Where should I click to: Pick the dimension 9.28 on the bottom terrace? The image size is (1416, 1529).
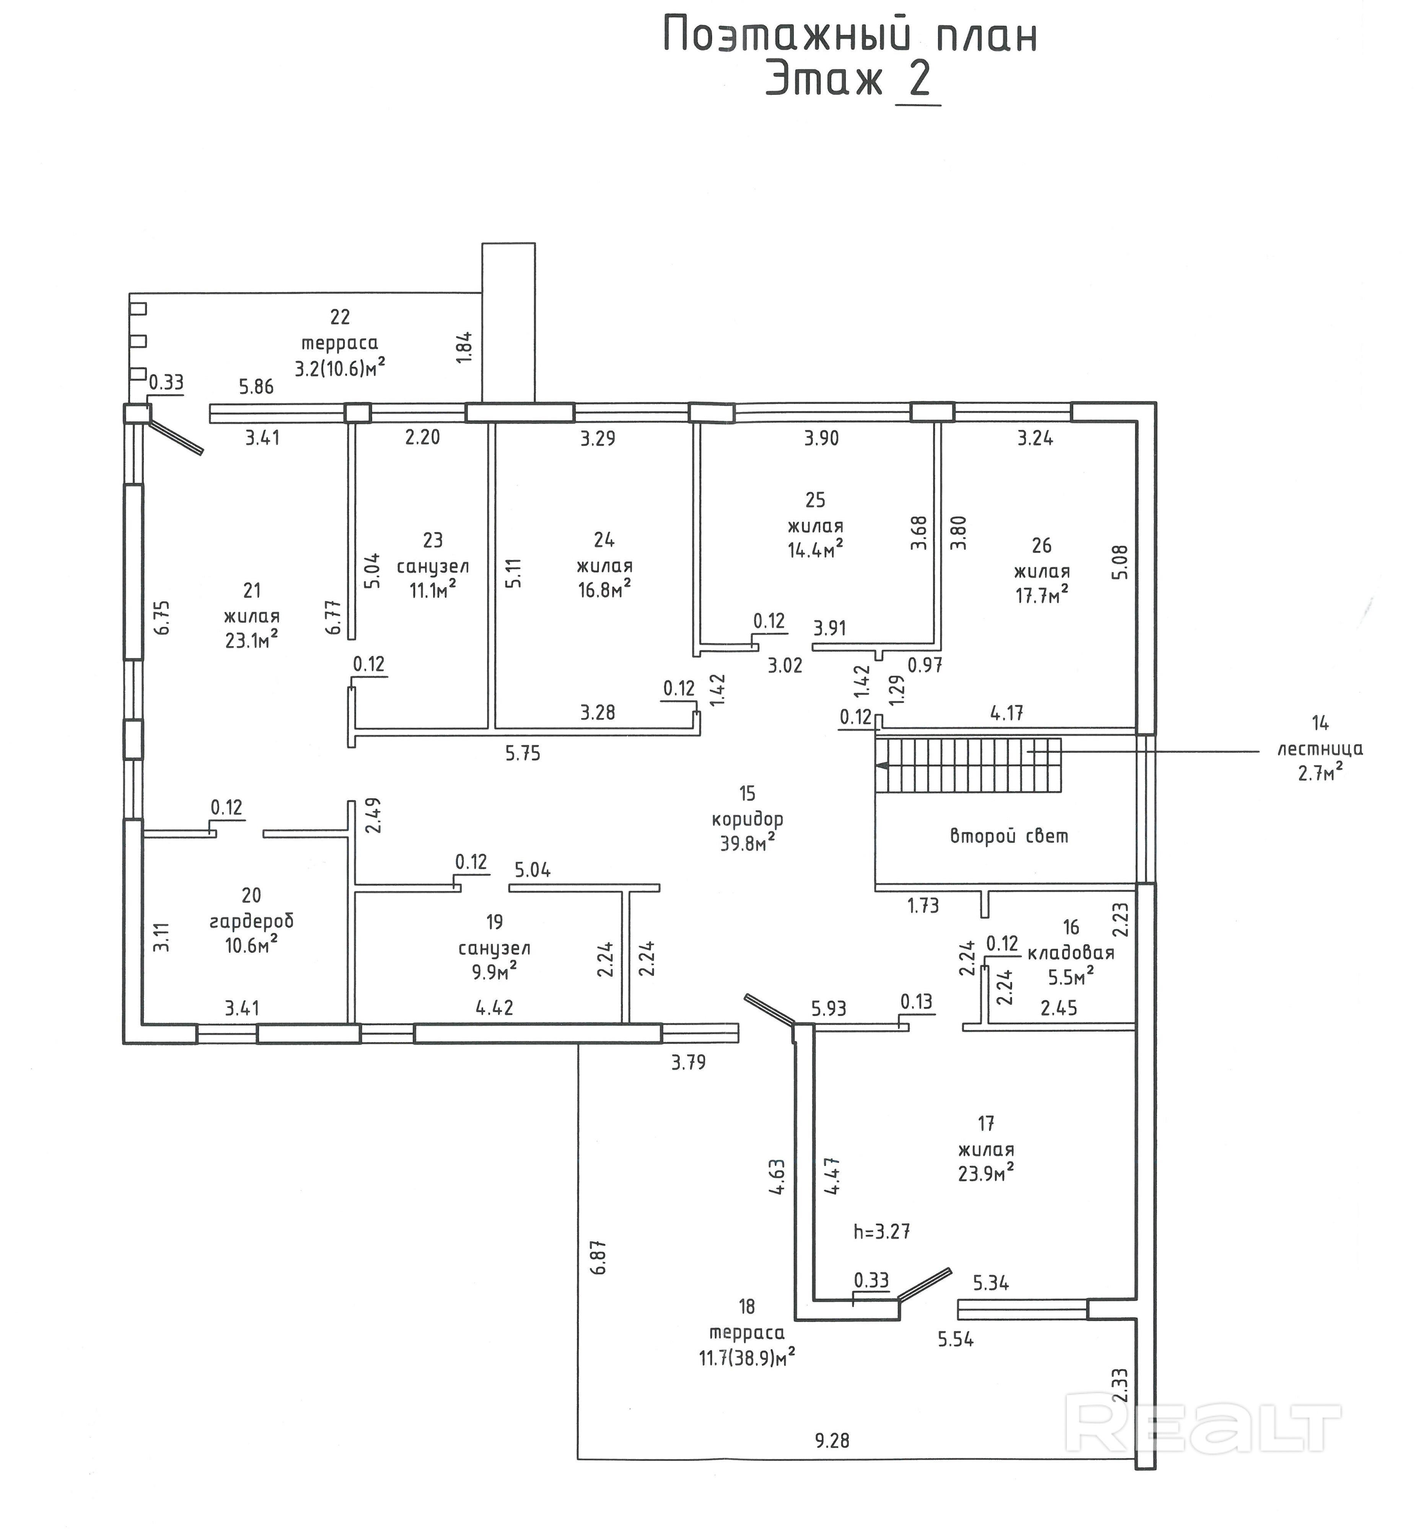(x=832, y=1440)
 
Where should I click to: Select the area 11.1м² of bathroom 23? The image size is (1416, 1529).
(x=433, y=590)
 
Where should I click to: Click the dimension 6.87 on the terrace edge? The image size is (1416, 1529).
(x=599, y=1256)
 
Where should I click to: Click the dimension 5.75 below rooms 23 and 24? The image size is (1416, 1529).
(x=523, y=754)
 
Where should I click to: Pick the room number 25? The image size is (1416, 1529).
(x=815, y=500)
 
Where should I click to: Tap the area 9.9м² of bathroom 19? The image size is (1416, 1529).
(x=494, y=973)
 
